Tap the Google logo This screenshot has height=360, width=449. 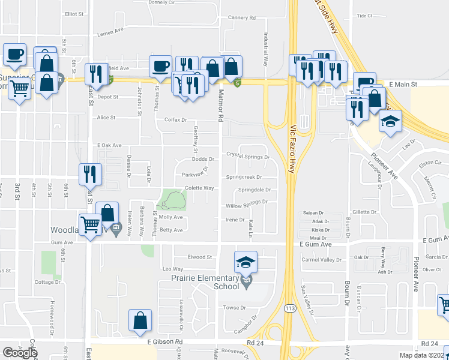pyautogui.click(x=20, y=352)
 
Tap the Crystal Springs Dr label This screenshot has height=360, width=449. pyautogui.click(x=248, y=154)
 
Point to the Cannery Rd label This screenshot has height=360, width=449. pyautogui.click(x=242, y=18)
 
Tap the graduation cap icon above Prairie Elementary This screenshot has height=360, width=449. pyautogui.click(x=245, y=262)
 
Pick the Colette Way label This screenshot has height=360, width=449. pyautogui.click(x=199, y=188)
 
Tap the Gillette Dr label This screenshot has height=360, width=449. pyautogui.click(x=364, y=212)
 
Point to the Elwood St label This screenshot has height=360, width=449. pyautogui.click(x=200, y=257)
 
